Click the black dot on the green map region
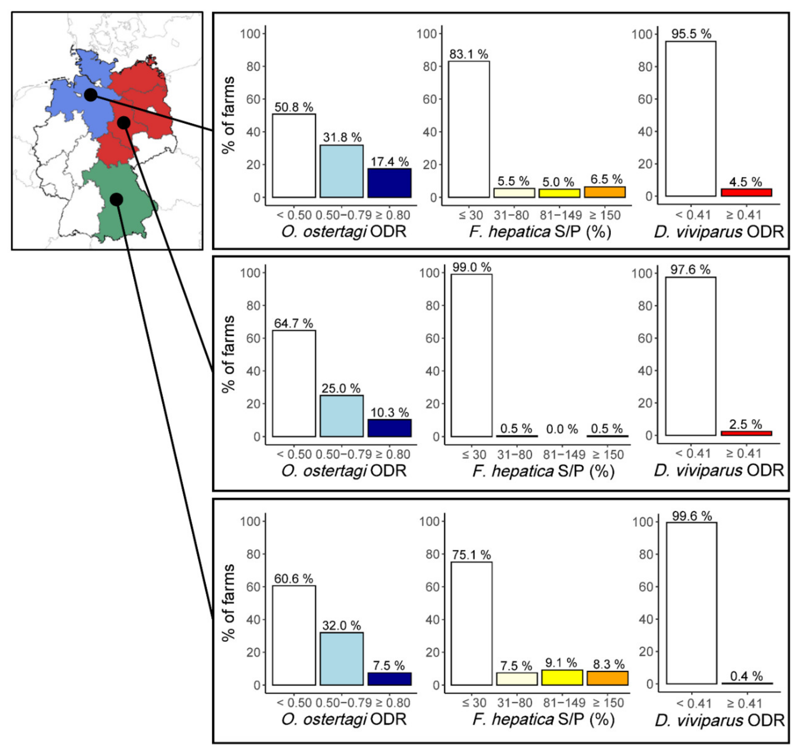click(116, 199)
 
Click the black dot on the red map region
click(123, 123)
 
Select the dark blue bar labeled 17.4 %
click(389, 183)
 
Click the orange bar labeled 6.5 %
click(605, 192)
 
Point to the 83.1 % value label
click(469, 54)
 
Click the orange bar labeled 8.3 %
click(607, 678)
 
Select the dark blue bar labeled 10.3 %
click(389, 428)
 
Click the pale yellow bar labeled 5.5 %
click(514, 193)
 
